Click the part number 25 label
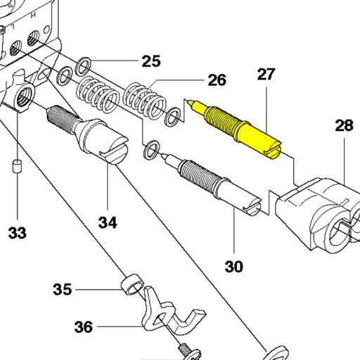click(x=151, y=61)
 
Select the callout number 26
click(x=217, y=80)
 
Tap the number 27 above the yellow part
click(x=266, y=75)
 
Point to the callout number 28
click(x=344, y=125)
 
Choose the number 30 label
click(x=234, y=266)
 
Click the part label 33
click(x=17, y=233)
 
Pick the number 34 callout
click(x=108, y=222)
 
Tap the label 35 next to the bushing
click(x=62, y=289)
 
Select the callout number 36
click(x=84, y=327)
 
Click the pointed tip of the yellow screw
click(x=189, y=101)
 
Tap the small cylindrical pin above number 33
click(x=17, y=167)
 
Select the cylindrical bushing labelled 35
click(x=132, y=284)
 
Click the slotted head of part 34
click(x=114, y=151)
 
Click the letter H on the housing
click(x=33, y=15)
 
